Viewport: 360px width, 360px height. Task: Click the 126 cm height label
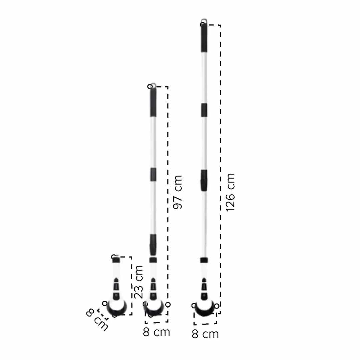click(231, 192)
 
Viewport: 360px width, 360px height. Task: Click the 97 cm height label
click(177, 192)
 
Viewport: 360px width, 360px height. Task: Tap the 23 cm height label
click(138, 282)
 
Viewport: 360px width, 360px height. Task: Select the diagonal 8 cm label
click(97, 319)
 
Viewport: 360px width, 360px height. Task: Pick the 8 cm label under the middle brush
click(156, 332)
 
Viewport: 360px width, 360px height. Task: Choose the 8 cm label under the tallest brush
click(205, 334)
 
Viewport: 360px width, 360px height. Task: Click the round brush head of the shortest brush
click(117, 307)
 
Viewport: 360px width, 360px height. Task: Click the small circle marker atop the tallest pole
click(203, 24)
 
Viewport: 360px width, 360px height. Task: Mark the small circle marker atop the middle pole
click(150, 87)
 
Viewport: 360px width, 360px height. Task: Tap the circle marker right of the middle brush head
click(168, 305)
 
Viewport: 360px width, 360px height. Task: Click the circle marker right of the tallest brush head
click(217, 306)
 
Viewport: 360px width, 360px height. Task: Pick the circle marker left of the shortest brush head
click(105, 304)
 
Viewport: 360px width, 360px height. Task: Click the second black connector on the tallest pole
click(204, 110)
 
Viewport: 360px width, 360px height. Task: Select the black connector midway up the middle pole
click(153, 174)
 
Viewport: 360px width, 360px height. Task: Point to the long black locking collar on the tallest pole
click(204, 180)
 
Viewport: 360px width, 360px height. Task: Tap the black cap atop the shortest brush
click(116, 260)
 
